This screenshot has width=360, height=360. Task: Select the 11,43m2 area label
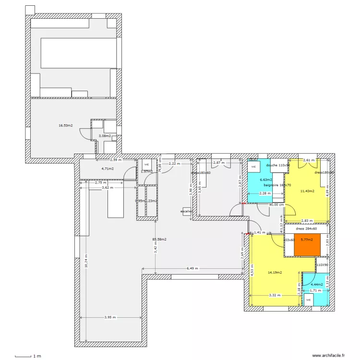307,191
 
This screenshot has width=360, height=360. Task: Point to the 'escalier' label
186,211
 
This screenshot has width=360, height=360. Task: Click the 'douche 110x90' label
278,165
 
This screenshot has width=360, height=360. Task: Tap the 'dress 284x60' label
306,229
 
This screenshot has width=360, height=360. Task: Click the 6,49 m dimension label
192,268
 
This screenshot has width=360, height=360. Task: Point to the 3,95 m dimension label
111,317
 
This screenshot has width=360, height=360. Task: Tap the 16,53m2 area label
66,126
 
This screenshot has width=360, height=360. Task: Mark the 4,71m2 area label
108,169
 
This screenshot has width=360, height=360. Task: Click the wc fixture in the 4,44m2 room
309,300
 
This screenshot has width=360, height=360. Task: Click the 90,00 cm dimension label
276,204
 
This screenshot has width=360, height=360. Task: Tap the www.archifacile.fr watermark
329,356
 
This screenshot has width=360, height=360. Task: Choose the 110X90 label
322,264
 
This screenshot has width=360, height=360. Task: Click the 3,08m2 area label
105,136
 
